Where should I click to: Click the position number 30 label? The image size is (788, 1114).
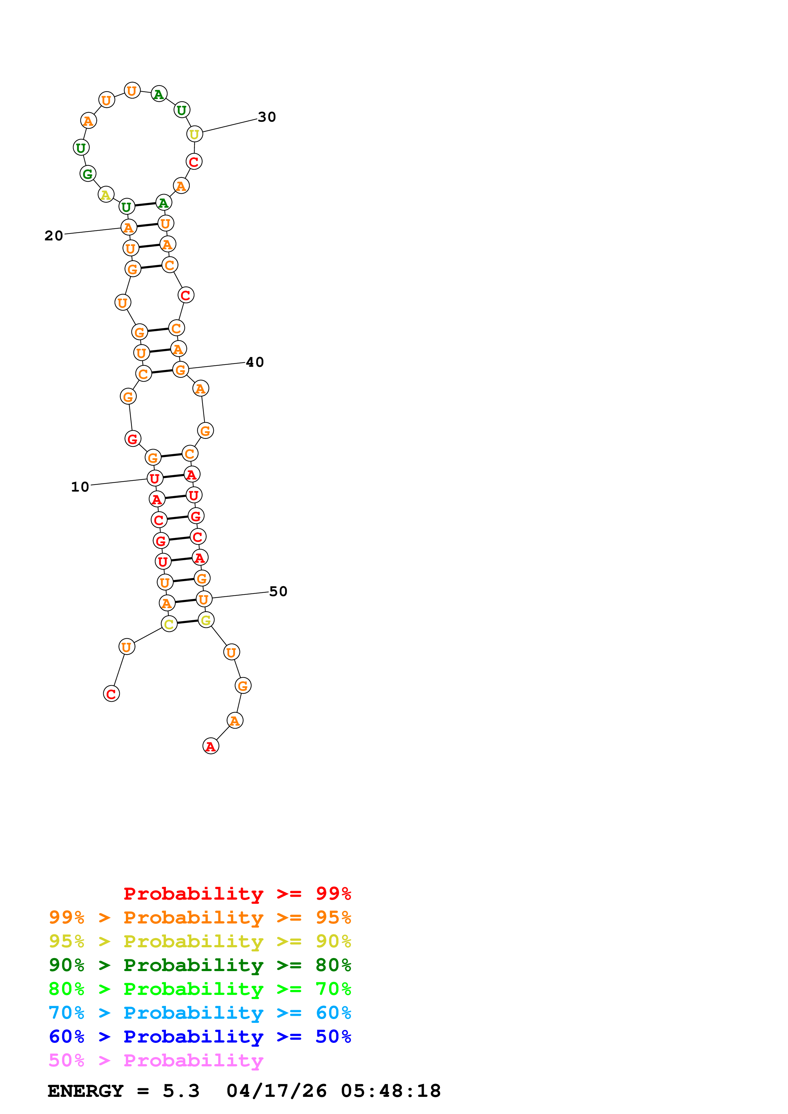pyautogui.click(x=267, y=117)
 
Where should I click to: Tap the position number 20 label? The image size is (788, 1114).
pyautogui.click(x=54, y=236)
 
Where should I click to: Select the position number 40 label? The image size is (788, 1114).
pyautogui.click(x=255, y=362)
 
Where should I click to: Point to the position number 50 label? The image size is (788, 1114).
pyautogui.click(x=278, y=591)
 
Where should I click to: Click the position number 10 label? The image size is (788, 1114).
pyautogui.click(x=80, y=487)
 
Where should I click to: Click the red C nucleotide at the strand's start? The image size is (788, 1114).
pyautogui.click(x=111, y=694)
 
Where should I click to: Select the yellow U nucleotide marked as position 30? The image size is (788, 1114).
pyautogui.click(x=194, y=134)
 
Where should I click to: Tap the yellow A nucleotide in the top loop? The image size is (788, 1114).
pyautogui.click(x=106, y=195)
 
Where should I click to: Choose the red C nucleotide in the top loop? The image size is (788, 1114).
pyautogui.click(x=194, y=162)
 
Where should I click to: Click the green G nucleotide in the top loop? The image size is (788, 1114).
pyautogui.click(x=87, y=174)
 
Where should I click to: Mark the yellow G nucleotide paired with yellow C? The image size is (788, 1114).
pyautogui.click(x=206, y=620)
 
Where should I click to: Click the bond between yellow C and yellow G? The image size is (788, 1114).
pyautogui.click(x=188, y=622)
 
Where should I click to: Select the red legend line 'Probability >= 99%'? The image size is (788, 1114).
pyautogui.click(x=237, y=894)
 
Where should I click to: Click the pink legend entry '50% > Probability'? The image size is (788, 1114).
pyautogui.click(x=156, y=1061)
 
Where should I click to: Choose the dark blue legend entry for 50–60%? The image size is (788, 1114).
pyautogui.click(x=200, y=1037)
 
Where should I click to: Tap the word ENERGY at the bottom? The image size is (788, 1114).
pyautogui.click(x=86, y=1091)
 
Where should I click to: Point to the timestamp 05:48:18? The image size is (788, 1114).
pyautogui.click(x=391, y=1091)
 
